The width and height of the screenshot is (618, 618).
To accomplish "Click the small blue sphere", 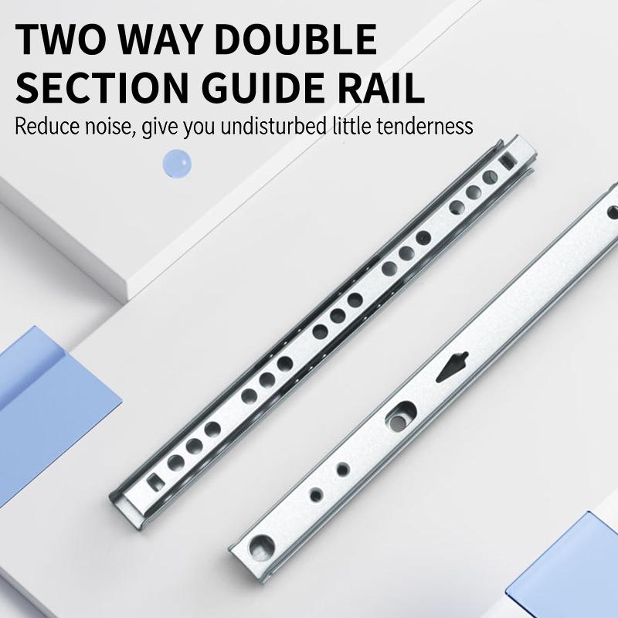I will tap(177, 164).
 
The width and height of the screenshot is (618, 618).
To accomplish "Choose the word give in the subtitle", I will tap(160, 125).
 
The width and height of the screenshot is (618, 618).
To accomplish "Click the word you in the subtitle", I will tap(199, 125).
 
